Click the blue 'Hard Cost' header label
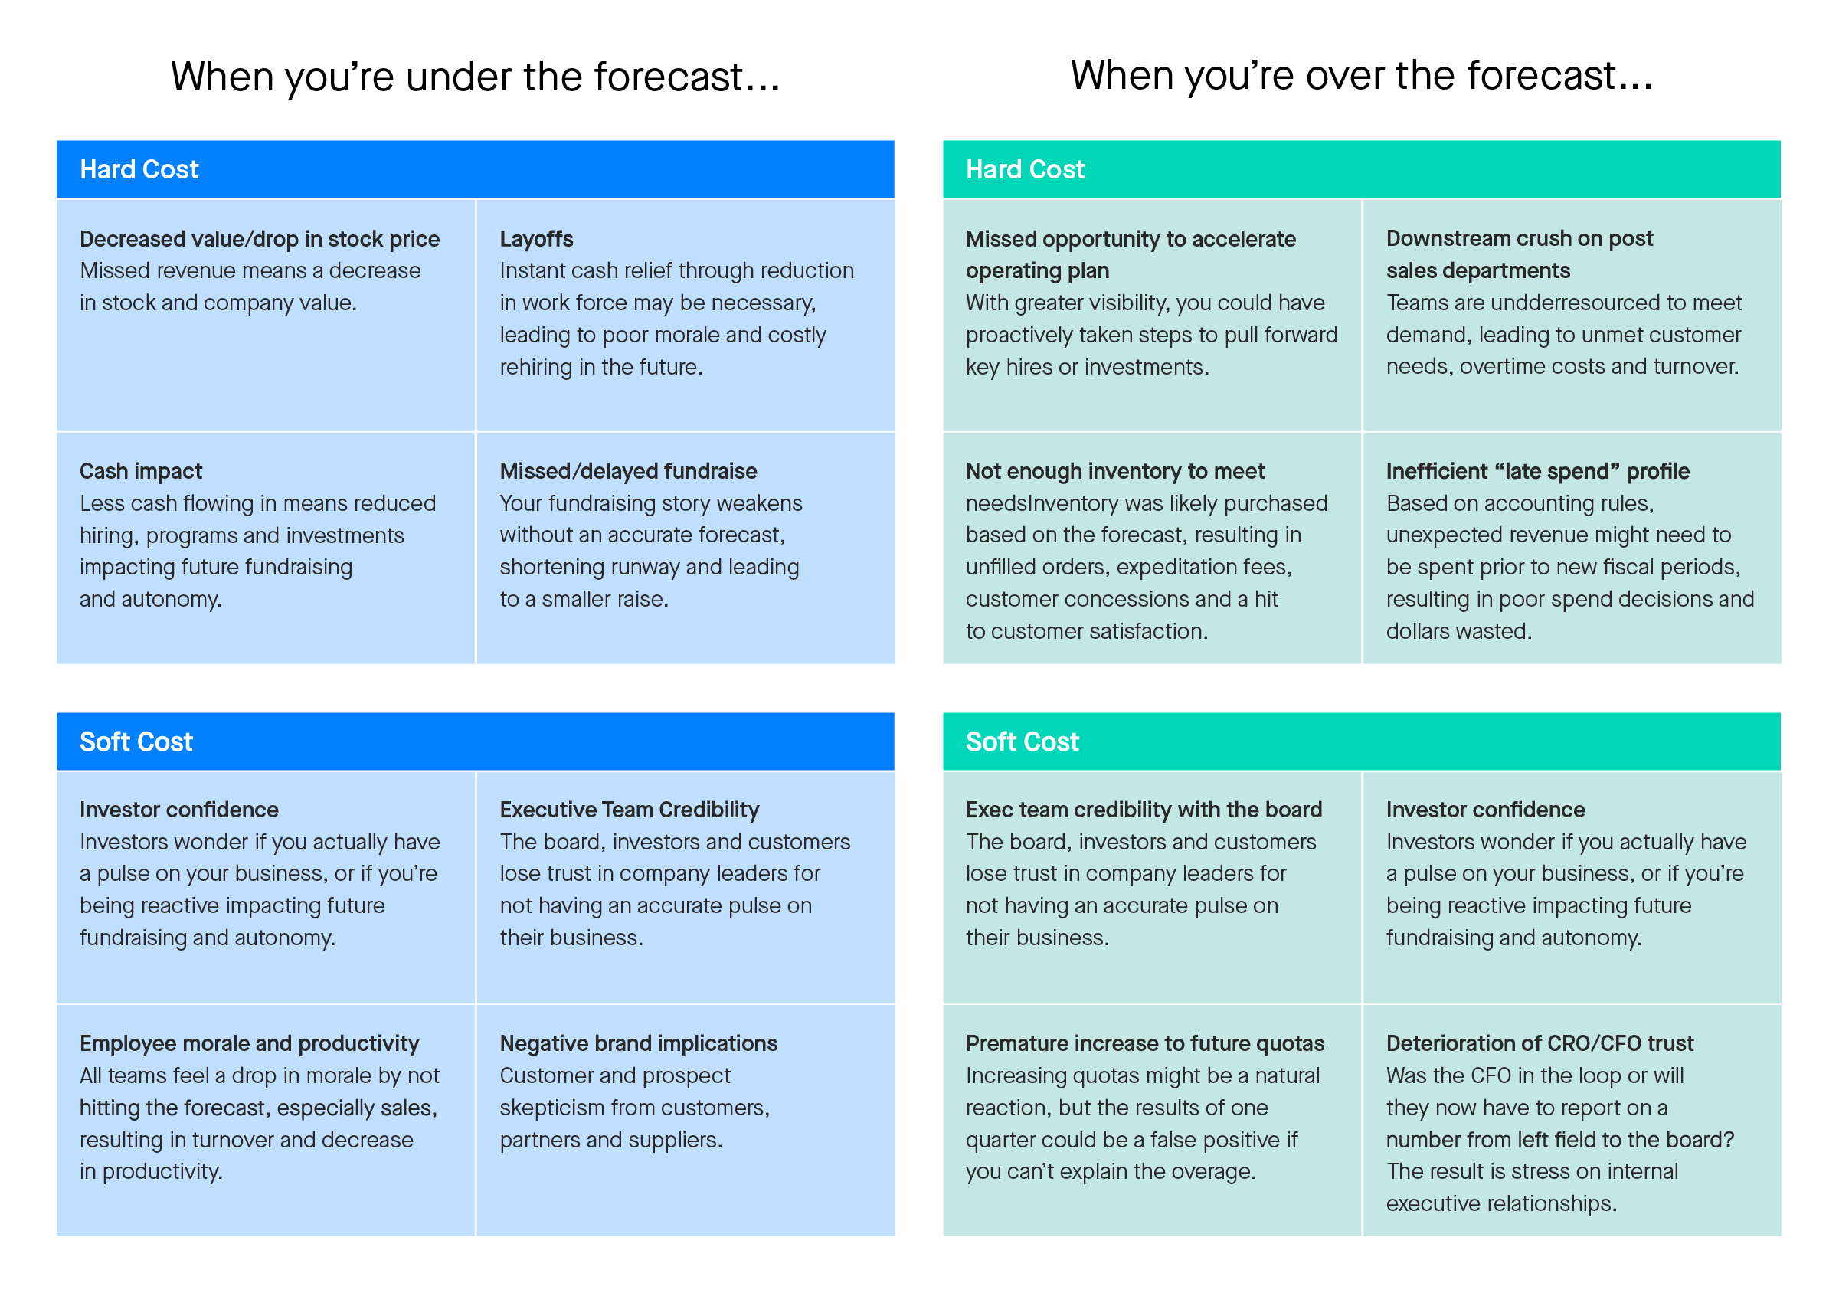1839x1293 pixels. point(139,170)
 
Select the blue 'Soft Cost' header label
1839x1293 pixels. point(136,741)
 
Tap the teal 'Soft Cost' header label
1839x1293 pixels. point(1022,741)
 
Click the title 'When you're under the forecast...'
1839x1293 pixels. point(475,77)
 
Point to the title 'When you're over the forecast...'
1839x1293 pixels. point(1362,76)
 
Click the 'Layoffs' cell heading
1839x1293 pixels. point(537,239)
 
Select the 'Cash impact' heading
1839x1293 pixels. point(141,471)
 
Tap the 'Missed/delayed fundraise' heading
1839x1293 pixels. point(628,471)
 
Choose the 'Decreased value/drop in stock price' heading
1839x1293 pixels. point(260,239)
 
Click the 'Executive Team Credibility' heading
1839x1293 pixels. point(630,810)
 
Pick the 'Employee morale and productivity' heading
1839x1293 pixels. point(249,1043)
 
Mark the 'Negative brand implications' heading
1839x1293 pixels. point(638,1043)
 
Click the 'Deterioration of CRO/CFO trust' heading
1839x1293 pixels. point(1540,1043)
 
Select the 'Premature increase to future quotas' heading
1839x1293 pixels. point(1144,1043)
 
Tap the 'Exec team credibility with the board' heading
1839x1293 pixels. point(1144,810)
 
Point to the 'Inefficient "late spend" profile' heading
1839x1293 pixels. point(1537,471)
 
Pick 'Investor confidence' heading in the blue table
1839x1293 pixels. point(178,810)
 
